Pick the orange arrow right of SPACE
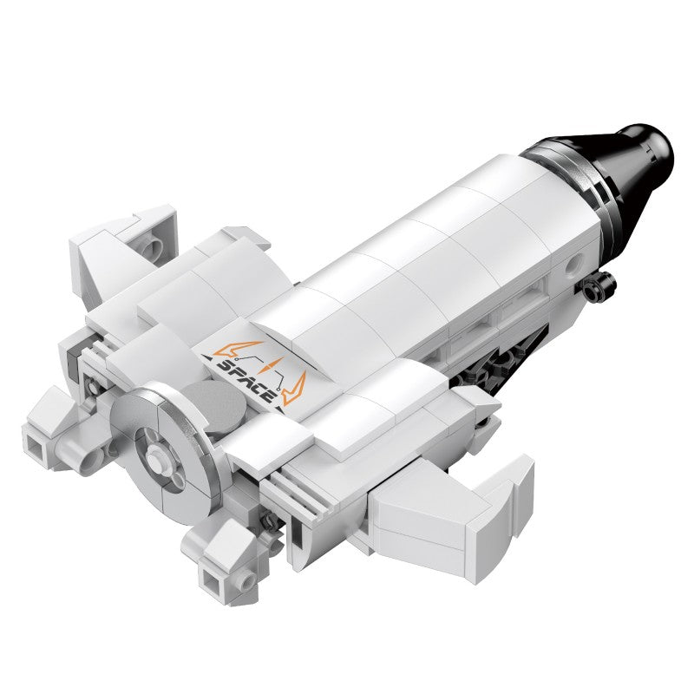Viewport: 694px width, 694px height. pos(295,390)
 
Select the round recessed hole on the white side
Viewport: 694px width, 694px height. pos(575,264)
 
